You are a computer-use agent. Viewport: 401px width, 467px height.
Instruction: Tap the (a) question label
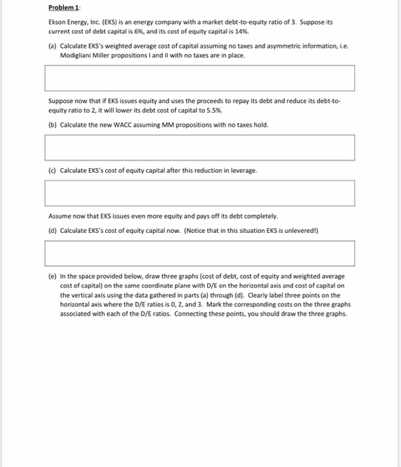[x=53, y=46]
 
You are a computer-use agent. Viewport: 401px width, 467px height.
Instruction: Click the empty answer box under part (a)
[x=199, y=78]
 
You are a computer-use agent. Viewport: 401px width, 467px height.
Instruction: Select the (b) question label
[x=53, y=125]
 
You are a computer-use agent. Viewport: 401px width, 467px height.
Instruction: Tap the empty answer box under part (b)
[x=199, y=147]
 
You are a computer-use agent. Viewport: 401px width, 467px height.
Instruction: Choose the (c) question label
[x=53, y=170]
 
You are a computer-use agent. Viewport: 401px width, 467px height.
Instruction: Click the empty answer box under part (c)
[x=199, y=193]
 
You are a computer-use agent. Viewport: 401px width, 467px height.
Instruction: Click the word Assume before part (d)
[x=59, y=216]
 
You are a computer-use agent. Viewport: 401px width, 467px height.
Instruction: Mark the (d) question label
[x=53, y=231]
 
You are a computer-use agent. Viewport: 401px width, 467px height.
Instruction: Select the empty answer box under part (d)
[x=199, y=254]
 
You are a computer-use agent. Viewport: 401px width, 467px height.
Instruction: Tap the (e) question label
[x=53, y=276]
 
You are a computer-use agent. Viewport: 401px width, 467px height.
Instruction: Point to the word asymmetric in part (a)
[x=262, y=46]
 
